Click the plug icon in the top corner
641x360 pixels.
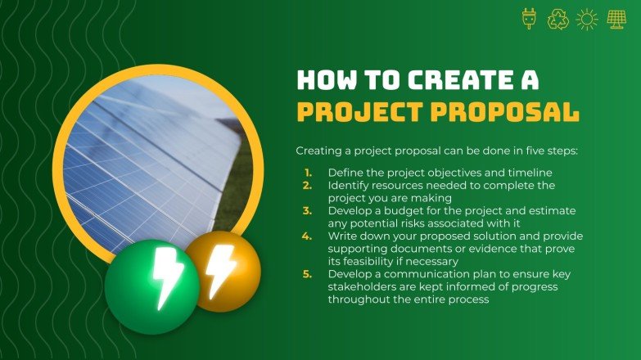(x=529, y=19)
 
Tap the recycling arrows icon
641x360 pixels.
(x=557, y=19)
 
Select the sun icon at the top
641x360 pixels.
(x=587, y=19)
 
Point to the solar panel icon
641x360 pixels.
(x=616, y=19)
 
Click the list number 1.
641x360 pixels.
(x=308, y=173)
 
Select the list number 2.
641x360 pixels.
(x=308, y=186)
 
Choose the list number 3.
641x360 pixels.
(x=308, y=210)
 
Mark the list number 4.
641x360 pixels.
(x=308, y=236)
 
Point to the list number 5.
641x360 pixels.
(x=308, y=273)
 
